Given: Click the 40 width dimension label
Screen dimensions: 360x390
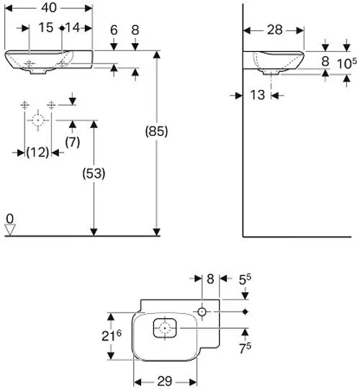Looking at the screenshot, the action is [49, 8].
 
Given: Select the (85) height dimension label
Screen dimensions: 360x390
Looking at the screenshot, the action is [156, 131].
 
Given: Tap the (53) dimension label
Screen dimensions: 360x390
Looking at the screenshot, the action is [94, 173].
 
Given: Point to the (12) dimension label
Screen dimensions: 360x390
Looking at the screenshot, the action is [37, 152].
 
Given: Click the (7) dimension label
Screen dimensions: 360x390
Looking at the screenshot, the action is [73, 142].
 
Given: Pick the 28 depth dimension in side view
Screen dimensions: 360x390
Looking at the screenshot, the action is [275, 30].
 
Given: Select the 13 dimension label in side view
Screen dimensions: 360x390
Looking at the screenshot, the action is [258, 95].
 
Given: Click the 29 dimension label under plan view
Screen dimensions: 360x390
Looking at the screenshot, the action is [165, 381].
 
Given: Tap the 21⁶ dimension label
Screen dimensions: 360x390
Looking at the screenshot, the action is [112, 336].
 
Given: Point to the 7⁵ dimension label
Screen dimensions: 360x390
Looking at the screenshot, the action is [246, 348].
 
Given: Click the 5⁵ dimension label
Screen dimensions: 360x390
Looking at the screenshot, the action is [245, 280].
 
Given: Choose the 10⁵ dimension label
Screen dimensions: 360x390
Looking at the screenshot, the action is [346, 63].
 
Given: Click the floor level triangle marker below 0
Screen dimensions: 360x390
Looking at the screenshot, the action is [10, 230].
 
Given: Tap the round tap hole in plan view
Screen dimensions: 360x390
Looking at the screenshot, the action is [202, 312].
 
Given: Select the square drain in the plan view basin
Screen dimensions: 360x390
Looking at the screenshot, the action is [165, 328].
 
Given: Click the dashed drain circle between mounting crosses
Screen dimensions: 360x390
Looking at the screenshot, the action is [38, 120].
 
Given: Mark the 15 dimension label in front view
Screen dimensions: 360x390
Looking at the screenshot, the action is [46, 27].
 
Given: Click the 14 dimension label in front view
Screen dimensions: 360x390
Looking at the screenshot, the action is [73, 27].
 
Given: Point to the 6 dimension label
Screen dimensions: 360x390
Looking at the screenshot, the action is [114, 30].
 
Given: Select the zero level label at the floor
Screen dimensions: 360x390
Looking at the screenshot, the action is [9, 219].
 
